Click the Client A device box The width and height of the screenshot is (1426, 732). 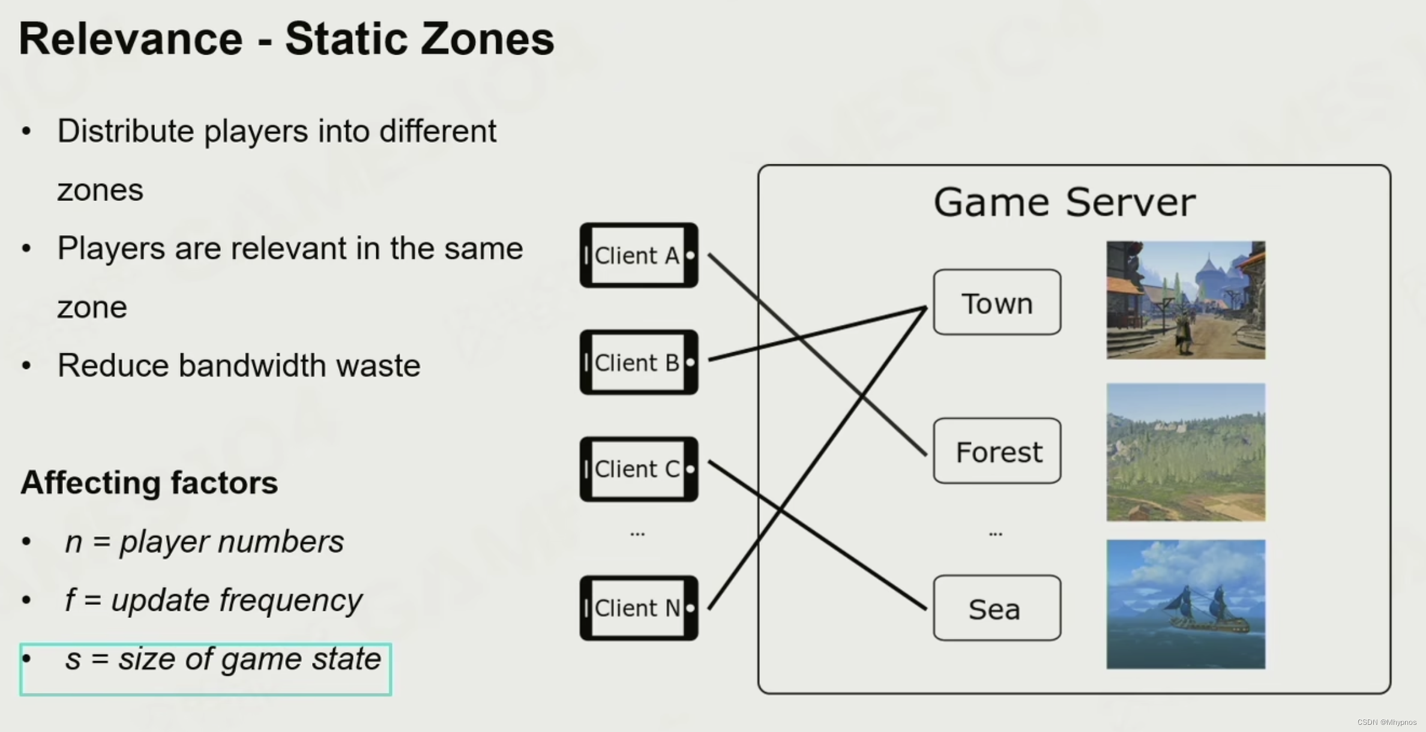(x=639, y=256)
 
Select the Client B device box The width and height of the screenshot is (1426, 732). (x=639, y=362)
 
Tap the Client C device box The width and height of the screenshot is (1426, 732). (x=639, y=469)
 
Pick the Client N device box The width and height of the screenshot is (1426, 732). (x=639, y=608)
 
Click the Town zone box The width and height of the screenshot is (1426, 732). (x=997, y=302)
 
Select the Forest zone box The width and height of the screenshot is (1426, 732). (x=997, y=451)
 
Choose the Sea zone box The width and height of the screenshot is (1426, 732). (x=997, y=608)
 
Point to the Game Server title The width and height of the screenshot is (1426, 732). (x=1064, y=202)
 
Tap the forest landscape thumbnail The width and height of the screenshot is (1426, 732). (x=1186, y=452)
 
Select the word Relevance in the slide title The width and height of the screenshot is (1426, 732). (x=131, y=39)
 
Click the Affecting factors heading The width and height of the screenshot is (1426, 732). (x=149, y=482)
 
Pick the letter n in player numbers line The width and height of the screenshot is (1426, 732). (x=73, y=542)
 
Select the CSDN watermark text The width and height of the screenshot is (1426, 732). (x=1386, y=722)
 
